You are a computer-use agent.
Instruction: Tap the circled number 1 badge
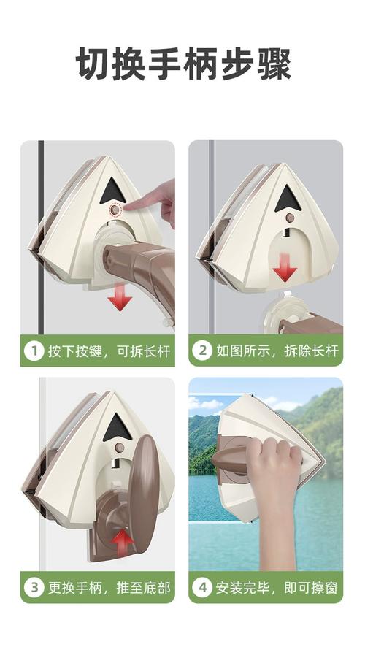point(34,351)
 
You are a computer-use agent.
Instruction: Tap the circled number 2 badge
point(202,351)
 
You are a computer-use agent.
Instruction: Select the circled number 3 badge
point(34,587)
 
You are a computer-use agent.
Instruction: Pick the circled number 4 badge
point(202,587)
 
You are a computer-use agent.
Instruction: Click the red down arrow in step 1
point(119,299)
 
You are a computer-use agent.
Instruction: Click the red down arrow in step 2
point(285,269)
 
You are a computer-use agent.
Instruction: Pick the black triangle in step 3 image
point(118,429)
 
